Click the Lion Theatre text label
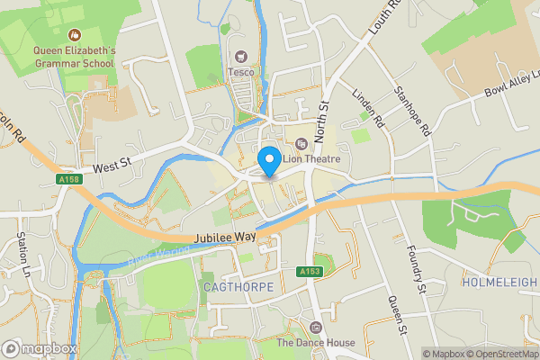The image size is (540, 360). click(314, 159)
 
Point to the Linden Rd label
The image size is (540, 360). click(368, 108)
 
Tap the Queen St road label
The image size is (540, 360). click(393, 315)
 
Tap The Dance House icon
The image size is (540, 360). click(314, 327)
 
